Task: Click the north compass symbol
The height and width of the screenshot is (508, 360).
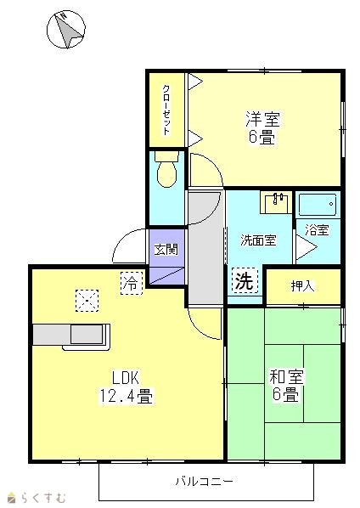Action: click(x=66, y=29)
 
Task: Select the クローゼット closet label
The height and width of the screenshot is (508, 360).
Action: click(x=166, y=110)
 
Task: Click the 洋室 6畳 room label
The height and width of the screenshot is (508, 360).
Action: click(x=262, y=128)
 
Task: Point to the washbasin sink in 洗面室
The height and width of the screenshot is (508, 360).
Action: click(x=277, y=202)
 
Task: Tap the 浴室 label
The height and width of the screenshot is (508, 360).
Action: click(x=318, y=230)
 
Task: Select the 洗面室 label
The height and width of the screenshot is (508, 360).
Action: click(x=258, y=240)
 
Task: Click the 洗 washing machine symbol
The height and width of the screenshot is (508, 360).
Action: click(x=245, y=281)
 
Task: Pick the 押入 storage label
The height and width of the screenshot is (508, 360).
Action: click(x=302, y=285)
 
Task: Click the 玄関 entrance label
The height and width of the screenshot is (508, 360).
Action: click(x=166, y=250)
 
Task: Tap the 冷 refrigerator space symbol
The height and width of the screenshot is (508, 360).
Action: click(x=132, y=283)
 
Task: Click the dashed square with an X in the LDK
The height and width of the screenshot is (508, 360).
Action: click(x=87, y=301)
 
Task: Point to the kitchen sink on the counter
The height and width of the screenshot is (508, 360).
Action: click(x=87, y=334)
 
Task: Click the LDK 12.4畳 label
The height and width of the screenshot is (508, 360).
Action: click(x=126, y=387)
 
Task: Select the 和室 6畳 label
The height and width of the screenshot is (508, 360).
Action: click(x=286, y=385)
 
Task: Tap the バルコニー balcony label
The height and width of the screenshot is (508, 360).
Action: click(x=205, y=481)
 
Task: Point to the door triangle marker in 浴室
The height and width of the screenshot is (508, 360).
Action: click(x=306, y=247)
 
